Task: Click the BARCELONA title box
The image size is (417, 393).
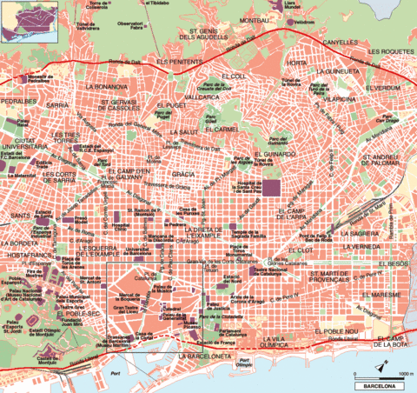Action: [380, 383]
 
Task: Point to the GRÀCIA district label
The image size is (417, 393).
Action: [183, 174]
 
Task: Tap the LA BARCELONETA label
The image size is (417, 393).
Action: [205, 356]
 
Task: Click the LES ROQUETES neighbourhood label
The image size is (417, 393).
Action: [390, 51]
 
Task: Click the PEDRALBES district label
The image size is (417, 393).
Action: [19, 101]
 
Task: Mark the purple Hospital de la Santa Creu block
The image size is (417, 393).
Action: [272, 187]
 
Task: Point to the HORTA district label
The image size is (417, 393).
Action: [298, 63]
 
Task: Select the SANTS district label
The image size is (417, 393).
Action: [17, 214]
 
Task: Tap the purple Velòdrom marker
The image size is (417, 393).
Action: [302, 19]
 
